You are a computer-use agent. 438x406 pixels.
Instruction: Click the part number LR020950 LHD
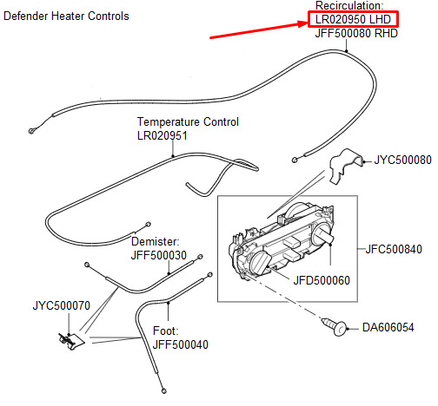coord(353,19)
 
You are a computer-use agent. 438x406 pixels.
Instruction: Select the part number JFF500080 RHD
coord(356,33)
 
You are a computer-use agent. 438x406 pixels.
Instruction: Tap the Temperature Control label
coord(188,121)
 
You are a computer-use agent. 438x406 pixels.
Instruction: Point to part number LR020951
coord(163,135)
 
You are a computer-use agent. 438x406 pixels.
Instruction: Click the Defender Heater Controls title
coord(66,16)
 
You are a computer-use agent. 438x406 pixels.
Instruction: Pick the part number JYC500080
coord(403,160)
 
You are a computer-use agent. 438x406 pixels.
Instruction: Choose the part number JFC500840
coord(394,249)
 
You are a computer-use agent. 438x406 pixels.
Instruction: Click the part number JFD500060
coord(322,280)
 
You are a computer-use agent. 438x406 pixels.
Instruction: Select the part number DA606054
coord(388,327)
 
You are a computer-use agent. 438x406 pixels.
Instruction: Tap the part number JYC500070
coord(62,305)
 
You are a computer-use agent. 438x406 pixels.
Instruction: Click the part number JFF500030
coord(159,255)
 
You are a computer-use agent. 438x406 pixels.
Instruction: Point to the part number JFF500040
coord(181,344)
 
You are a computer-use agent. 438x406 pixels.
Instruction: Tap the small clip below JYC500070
coord(71,341)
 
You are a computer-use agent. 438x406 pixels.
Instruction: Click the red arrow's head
coord(302,23)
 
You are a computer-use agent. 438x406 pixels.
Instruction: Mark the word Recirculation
coord(349,5)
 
